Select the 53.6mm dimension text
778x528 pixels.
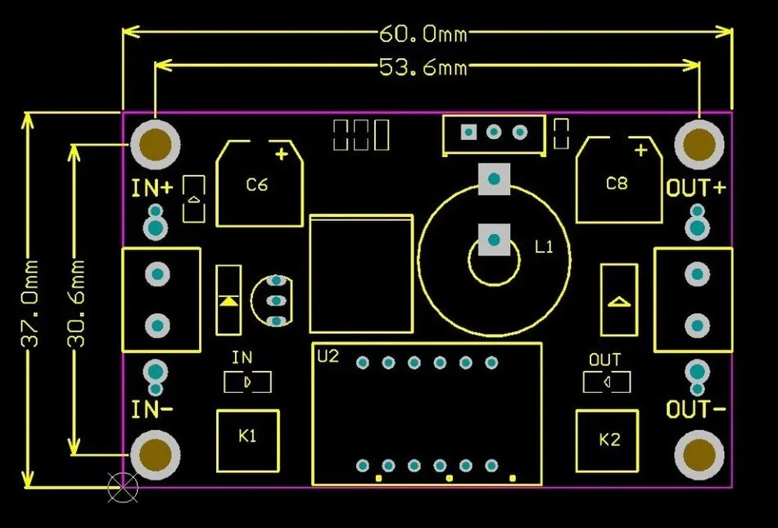point(423,66)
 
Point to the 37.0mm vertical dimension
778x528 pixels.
point(30,305)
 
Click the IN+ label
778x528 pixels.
point(152,188)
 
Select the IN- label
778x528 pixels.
point(152,408)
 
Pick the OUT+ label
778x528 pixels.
point(696,188)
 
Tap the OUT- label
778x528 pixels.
point(696,408)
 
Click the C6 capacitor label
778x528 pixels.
point(257,185)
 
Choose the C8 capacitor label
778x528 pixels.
point(617,183)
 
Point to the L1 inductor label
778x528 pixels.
point(544,246)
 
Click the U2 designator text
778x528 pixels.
point(328,357)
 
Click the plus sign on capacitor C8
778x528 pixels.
point(640,150)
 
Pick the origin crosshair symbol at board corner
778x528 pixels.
point(124,489)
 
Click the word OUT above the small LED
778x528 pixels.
point(605,359)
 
